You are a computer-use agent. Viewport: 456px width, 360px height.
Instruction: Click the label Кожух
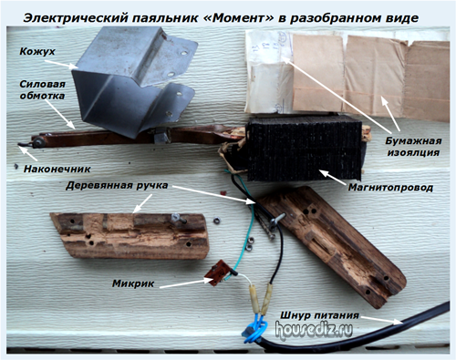pos(37,51)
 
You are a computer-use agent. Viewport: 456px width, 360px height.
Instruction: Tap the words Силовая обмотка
pos(42,90)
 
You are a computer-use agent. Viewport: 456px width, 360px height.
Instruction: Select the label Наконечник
pos(57,169)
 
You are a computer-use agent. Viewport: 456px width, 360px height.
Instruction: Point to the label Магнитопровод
pos(390,188)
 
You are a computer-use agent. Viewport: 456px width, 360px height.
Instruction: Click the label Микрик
pos(133,283)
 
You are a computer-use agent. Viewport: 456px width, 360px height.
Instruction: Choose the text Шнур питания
pos(319,315)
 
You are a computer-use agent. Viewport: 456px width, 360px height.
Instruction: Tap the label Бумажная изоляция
pos(413,147)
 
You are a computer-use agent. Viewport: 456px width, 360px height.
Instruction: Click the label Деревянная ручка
pos(117,185)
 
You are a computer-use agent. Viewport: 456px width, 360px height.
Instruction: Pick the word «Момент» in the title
pos(238,18)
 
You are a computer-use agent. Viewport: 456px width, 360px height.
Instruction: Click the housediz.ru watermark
pos(314,329)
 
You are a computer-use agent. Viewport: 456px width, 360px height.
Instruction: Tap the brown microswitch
pos(216,273)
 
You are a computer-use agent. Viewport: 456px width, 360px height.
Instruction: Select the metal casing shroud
pos(134,82)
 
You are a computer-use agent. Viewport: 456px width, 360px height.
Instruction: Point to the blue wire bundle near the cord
pos(254,327)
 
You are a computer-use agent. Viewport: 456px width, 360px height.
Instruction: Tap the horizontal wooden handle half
pos(130,236)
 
